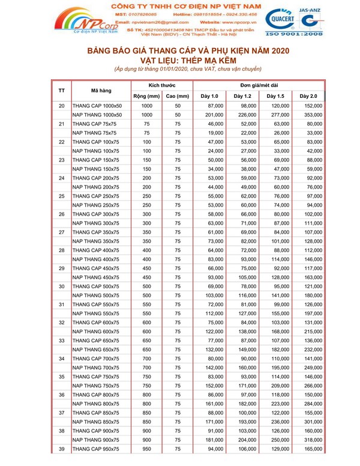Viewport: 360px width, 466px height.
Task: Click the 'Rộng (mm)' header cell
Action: point(146,96)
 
